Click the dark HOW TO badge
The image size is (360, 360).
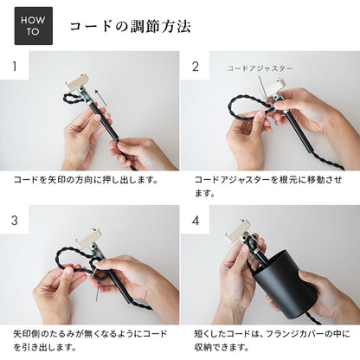pos(34,26)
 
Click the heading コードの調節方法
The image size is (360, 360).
pos(131,27)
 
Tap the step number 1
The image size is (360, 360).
pos(15,67)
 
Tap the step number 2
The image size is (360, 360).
pos(196,67)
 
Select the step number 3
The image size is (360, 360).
pos(15,221)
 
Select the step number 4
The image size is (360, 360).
pos(196,221)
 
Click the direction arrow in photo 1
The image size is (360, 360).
pos(101,98)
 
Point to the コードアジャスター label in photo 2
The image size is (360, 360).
pos(260,68)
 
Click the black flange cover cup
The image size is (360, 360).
pos(286,284)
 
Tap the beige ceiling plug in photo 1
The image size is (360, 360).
pos(77,82)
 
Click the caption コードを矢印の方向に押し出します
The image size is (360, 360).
pos(86,180)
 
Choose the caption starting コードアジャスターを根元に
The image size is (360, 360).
pos(268,186)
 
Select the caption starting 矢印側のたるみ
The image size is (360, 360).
pos(90,340)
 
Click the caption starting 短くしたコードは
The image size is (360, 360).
pos(272,340)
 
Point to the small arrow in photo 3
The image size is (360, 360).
pos(97,292)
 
